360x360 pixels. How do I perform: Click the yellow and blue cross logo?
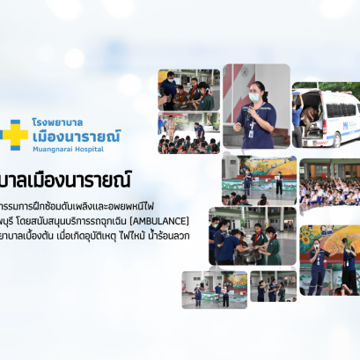click(14, 132)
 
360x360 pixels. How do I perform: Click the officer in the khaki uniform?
click(171, 129)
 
